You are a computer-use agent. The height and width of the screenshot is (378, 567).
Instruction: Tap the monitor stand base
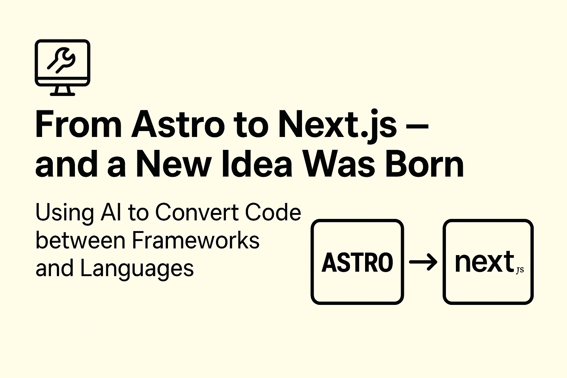(x=62, y=94)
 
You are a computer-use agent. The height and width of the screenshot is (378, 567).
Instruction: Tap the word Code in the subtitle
(x=273, y=213)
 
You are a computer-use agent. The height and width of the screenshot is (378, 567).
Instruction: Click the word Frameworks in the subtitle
(x=196, y=240)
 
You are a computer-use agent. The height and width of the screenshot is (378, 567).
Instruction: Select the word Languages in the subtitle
(x=137, y=268)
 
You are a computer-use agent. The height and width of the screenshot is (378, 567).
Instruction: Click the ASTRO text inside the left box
(x=357, y=262)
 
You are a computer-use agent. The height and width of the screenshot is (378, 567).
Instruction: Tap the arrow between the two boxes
(x=423, y=262)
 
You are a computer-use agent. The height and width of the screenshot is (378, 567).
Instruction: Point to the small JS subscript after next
(x=520, y=270)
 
